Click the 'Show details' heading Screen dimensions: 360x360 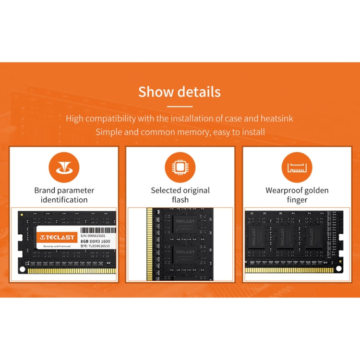tap(180, 92)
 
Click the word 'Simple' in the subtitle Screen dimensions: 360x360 tap(109, 132)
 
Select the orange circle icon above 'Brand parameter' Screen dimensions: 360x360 tap(64, 168)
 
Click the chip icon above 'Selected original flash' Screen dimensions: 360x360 tap(180, 168)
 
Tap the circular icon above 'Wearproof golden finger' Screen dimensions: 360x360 tap(296, 168)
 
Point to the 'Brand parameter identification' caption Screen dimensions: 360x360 tap(64, 195)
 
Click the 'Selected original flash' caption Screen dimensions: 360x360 tap(180, 195)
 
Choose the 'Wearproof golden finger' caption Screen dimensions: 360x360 tap(297, 195)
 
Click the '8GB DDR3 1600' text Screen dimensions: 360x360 tap(95, 241)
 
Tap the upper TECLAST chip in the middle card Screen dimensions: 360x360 tap(185, 226)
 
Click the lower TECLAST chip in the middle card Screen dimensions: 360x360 tap(185, 255)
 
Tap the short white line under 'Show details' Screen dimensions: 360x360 tap(180, 106)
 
